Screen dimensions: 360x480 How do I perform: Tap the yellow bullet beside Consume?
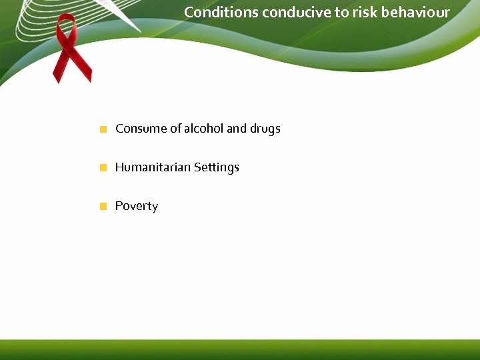click(103, 129)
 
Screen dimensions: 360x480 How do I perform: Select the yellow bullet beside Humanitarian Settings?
click(103, 168)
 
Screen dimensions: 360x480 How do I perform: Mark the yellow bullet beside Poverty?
click(103, 207)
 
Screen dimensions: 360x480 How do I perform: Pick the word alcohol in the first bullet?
click(204, 129)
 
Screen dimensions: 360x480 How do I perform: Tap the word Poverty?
click(137, 207)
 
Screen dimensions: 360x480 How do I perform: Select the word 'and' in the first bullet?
click(237, 129)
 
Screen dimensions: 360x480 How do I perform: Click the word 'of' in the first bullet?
click(176, 129)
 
